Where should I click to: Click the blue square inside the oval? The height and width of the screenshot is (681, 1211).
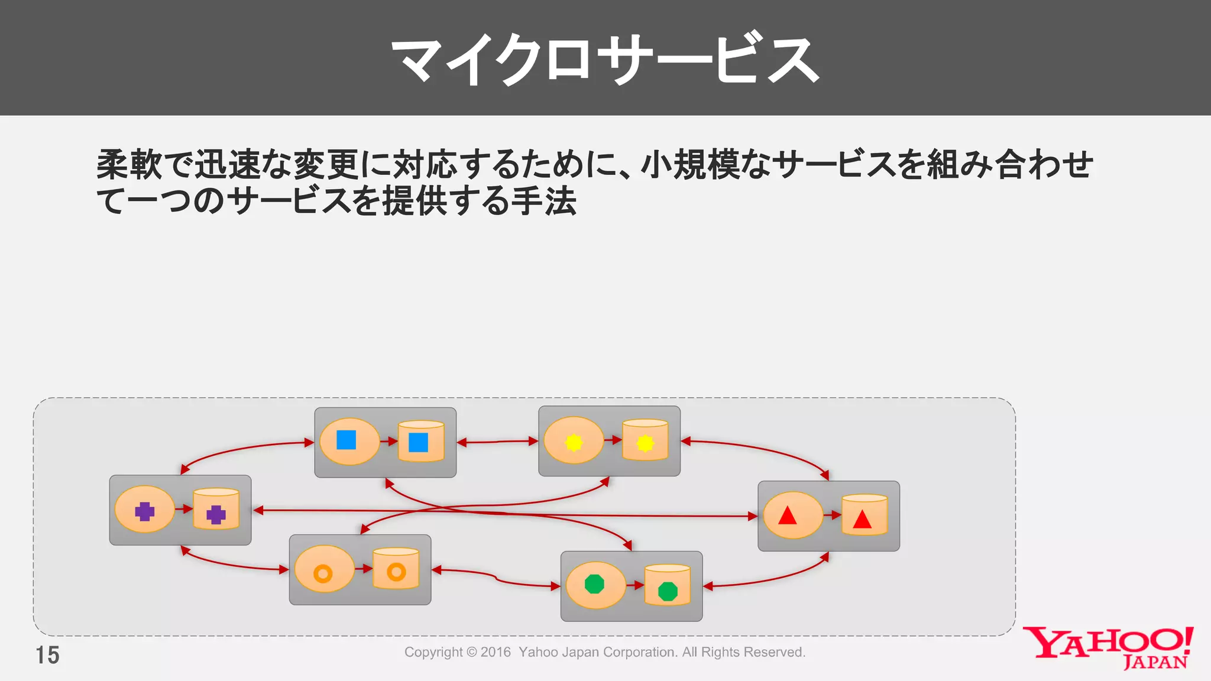tap(346, 440)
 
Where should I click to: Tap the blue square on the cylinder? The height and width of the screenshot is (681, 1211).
tap(418, 442)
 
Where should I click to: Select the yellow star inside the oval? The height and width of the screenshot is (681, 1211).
tap(574, 442)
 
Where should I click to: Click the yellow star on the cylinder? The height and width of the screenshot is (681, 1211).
tap(645, 443)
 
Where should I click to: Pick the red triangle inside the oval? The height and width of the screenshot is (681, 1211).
tap(787, 516)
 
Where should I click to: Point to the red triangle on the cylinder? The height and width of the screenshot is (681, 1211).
tap(862, 520)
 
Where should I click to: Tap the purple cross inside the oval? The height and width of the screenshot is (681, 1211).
tap(144, 511)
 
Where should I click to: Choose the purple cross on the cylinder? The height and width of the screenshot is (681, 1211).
tap(216, 514)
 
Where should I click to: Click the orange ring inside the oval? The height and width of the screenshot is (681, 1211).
tap(323, 573)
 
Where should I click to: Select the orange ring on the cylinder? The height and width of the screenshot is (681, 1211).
tap(396, 572)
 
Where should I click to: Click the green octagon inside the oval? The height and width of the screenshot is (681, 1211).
tap(594, 584)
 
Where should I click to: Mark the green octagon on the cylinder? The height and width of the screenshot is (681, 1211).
tap(668, 591)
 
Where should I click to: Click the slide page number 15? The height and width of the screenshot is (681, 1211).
tap(47, 655)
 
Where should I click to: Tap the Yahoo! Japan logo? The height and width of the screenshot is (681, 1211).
tap(1109, 647)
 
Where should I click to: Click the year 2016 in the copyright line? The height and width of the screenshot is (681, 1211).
tap(496, 652)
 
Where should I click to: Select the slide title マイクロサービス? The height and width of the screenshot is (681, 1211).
tap(605, 59)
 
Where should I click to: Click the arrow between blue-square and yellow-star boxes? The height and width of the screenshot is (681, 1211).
tap(497, 442)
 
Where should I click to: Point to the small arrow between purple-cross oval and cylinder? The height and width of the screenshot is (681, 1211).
tap(184, 509)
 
